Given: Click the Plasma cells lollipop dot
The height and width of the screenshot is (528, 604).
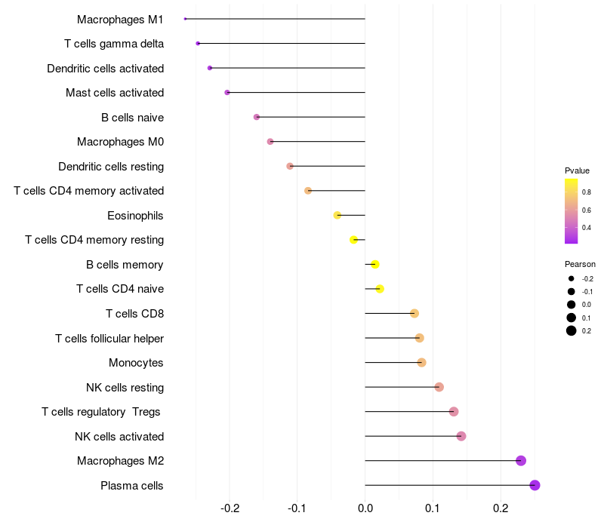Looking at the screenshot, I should pos(535,485).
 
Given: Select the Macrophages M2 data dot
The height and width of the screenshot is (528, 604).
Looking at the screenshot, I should pos(520,461).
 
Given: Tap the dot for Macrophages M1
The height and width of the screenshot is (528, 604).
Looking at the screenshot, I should pos(185,19).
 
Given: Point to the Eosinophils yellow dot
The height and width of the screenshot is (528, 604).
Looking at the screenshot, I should pos(337,215).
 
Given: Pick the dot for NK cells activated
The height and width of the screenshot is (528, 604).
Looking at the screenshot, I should pos(461,436).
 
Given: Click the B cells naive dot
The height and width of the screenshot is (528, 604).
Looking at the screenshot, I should pos(257,117).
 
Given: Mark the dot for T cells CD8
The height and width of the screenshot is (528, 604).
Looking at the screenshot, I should pos(414,313).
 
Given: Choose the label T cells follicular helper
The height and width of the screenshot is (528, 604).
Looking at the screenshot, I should pos(109,338).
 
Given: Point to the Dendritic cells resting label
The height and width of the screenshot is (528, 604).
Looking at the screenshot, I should pos(111,166).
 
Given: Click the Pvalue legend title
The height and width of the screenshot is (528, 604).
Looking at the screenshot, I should pos(577,170).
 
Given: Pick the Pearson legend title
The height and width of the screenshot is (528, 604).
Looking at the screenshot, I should pos(580,264).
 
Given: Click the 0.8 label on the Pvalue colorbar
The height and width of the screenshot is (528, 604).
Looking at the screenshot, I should pos(587,192).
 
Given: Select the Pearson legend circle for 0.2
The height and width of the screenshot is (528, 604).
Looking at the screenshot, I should pos(572,330).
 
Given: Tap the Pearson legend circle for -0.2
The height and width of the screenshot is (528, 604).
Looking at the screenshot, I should pos(572,279).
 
